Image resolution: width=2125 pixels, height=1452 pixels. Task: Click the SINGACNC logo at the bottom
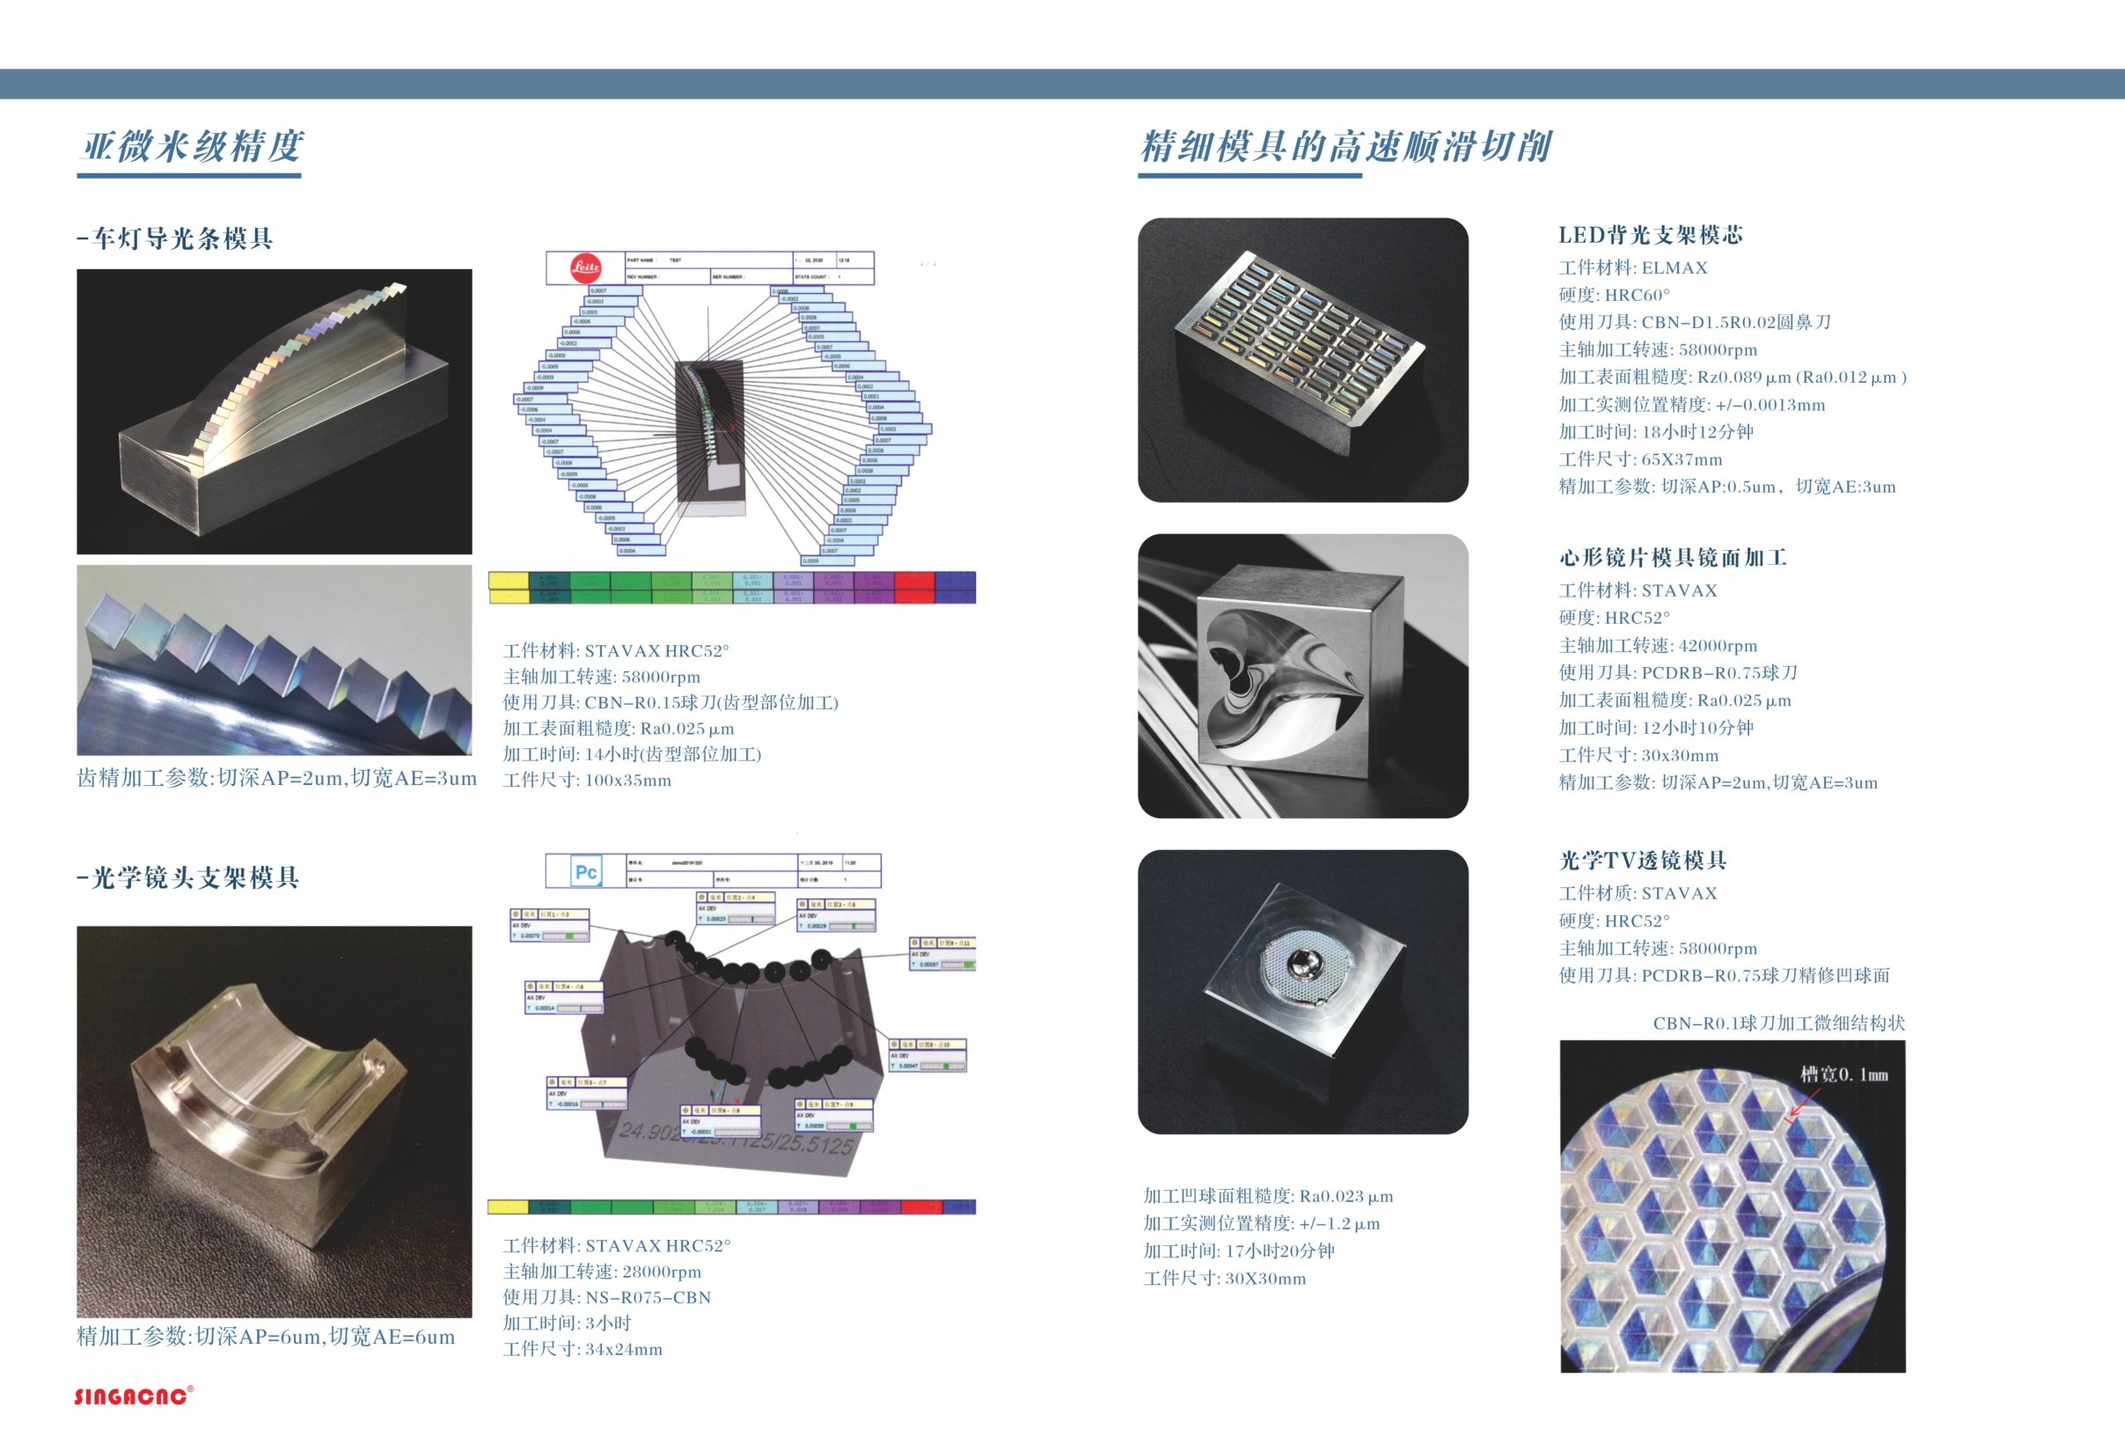(133, 1396)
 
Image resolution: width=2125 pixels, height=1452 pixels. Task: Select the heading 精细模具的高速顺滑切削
(1345, 146)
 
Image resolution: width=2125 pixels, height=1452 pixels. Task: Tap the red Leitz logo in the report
(585, 268)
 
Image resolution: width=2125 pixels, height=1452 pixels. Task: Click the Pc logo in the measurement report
(585, 871)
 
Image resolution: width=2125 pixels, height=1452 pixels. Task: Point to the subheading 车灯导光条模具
(176, 238)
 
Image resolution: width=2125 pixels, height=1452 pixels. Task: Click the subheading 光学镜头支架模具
(188, 877)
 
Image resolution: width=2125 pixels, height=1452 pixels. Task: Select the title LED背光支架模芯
(1651, 235)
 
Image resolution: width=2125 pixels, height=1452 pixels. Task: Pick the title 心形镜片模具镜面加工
(1673, 558)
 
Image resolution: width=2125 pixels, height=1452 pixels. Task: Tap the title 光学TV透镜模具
(1642, 861)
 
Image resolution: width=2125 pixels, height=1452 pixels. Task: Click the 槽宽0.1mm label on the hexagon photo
(1843, 1074)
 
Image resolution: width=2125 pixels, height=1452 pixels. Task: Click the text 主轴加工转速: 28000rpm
(602, 1272)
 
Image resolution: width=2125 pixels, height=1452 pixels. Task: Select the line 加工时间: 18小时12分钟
(1655, 431)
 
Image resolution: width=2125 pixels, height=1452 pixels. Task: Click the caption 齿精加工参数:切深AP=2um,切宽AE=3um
(276, 778)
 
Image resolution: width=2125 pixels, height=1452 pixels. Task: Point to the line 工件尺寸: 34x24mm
(583, 1349)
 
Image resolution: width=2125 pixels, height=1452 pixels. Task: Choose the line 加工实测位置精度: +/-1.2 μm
(1261, 1223)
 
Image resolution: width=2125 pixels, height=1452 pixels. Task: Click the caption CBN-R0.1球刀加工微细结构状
(1778, 1023)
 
